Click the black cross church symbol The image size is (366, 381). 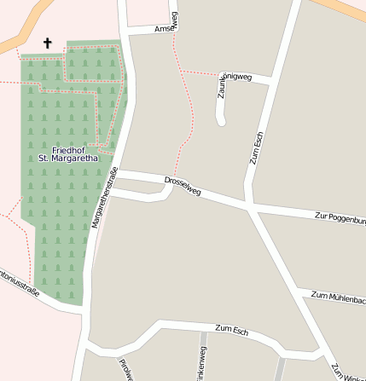click(x=47, y=43)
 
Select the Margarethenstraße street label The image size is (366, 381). click(x=104, y=199)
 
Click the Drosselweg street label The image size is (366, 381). click(x=183, y=185)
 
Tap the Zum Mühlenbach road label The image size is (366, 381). click(x=339, y=297)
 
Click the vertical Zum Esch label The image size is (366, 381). click(x=257, y=150)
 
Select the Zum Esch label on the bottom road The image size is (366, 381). click(x=231, y=330)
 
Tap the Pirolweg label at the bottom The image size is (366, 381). click(x=125, y=368)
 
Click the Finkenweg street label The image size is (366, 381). click(x=202, y=367)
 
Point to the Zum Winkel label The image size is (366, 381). click(x=348, y=372)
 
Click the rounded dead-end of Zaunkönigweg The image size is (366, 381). click(x=221, y=121)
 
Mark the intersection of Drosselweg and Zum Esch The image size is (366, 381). click(x=248, y=205)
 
